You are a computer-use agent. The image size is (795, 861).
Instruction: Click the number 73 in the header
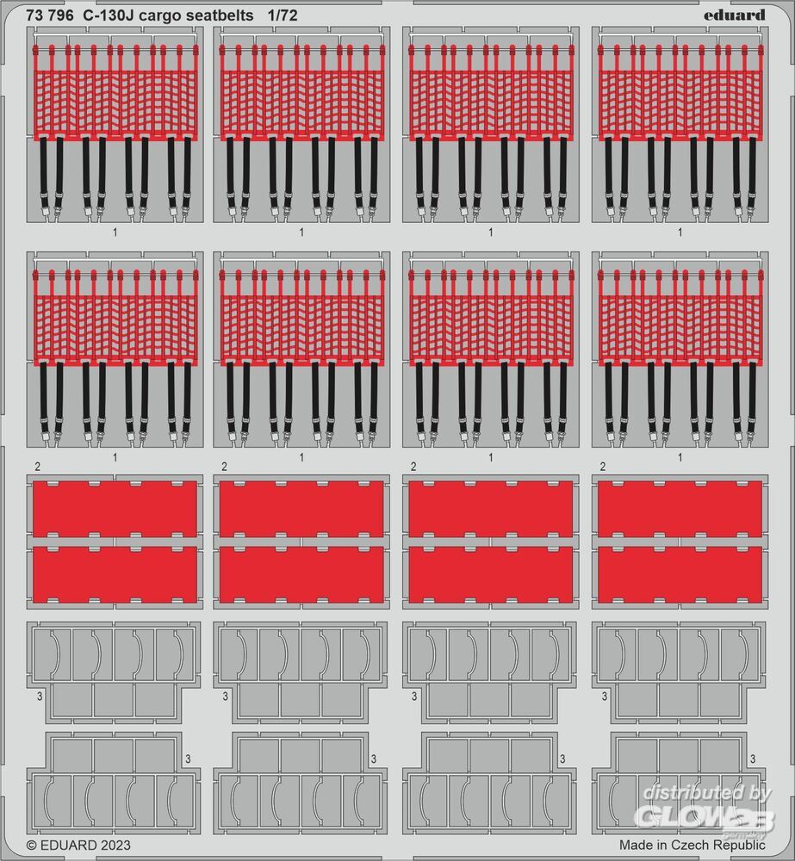point(34,15)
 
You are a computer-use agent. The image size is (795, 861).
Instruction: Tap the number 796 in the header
point(60,15)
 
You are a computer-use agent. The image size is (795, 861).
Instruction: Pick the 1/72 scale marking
point(283,15)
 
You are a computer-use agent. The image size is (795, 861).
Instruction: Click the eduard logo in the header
point(734,15)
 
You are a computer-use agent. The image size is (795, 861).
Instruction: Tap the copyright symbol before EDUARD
point(32,845)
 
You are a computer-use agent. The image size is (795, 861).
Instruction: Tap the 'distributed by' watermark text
point(708,792)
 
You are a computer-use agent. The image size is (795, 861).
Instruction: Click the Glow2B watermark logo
point(705,818)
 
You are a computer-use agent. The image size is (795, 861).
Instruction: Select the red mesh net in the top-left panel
point(115,104)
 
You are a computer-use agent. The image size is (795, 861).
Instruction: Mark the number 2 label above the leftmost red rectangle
point(37,467)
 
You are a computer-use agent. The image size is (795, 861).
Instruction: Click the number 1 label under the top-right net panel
point(680,232)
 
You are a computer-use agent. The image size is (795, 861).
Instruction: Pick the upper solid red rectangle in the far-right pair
point(680,509)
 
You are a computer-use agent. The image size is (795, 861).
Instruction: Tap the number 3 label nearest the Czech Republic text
point(753,759)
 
